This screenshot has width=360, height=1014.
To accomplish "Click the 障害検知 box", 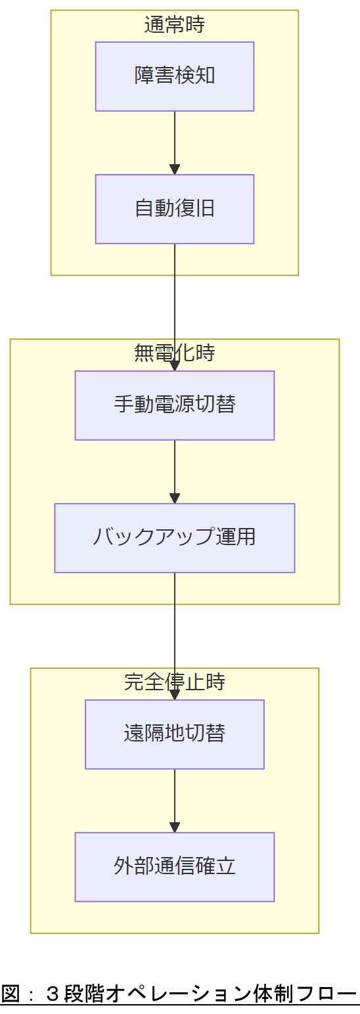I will pos(175,76).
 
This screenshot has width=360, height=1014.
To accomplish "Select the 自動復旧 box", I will pos(175,209).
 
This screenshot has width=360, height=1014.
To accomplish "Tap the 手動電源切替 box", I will pos(175,405).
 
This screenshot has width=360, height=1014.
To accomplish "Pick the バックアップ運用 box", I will pos(175,538).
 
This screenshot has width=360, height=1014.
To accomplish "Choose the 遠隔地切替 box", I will pos(175,734).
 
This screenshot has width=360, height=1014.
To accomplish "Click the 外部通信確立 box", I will pos(175,867).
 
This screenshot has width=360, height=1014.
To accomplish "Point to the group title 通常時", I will pos(175,25).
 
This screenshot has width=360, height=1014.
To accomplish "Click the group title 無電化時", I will pos(175,353).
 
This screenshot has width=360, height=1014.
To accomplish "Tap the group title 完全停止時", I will pos(175,682).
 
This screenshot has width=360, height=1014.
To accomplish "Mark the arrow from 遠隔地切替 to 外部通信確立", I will pos(175,797).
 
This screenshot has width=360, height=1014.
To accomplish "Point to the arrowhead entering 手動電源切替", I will pos(175,366).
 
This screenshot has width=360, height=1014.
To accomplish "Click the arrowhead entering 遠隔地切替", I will pos(175,695).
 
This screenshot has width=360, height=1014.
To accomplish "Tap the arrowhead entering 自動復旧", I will pos(175,169).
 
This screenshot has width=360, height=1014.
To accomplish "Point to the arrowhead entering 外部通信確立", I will pos(175,827).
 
